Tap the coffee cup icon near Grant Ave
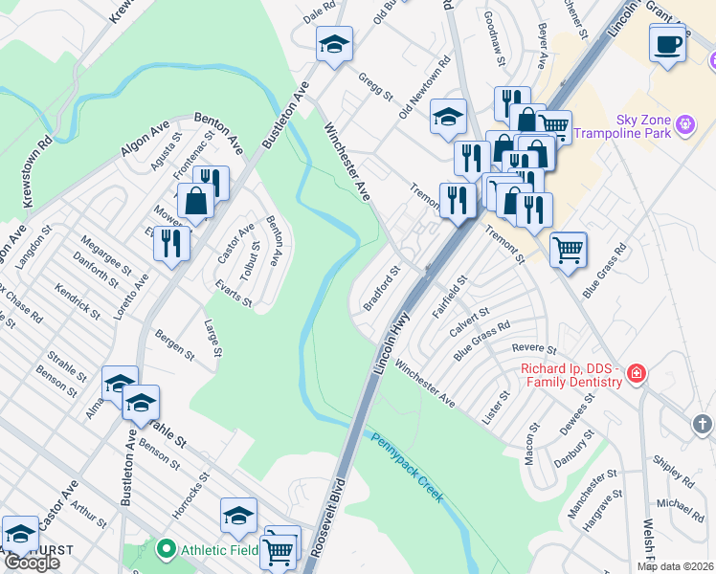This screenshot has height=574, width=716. point(667,42)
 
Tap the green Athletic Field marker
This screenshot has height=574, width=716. point(166,549)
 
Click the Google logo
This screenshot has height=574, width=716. point(32,563)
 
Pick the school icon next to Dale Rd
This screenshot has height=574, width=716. point(334,44)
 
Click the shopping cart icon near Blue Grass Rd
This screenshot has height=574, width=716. point(569,251)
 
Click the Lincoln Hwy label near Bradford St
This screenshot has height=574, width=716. point(396,335)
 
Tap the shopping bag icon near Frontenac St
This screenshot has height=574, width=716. point(196,202)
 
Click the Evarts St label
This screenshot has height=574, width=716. point(234,295)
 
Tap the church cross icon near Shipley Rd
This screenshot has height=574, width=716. point(701,423)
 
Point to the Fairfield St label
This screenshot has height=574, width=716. point(449,297)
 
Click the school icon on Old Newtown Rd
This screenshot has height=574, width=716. point(448,117)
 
